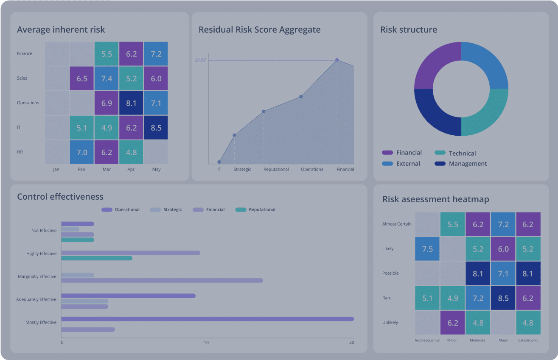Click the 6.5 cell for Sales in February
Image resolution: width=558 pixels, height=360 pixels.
coord(82,78)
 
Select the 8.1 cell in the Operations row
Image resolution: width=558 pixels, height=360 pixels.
coord(131,103)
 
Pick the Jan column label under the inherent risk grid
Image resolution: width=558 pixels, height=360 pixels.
coord(56,169)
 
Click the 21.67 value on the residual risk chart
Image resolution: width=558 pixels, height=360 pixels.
coord(200,60)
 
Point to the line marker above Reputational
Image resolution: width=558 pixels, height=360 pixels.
coord(264,112)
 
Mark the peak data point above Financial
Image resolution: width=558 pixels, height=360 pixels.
coord(337,60)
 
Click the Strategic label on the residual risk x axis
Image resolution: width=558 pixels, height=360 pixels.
coord(242,169)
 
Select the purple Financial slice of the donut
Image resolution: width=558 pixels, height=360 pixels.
coord(433,64)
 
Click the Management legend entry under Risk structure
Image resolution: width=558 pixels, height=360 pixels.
coord(468,164)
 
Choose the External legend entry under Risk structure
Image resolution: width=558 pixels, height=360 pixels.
coord(408,164)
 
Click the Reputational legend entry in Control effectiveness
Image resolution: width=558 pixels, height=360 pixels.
coord(262,209)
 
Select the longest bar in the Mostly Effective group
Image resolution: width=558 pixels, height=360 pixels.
coord(207,319)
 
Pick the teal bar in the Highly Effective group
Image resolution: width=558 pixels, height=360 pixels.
coord(97,258)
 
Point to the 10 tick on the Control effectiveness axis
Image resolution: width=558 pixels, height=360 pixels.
coord(206,343)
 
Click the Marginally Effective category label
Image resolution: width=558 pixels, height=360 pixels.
coord(37,276)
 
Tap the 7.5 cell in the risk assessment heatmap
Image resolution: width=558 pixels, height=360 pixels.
coord(427,249)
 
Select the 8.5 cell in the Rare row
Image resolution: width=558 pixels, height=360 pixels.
coord(503,298)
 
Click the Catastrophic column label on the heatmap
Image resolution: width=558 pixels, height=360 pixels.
coord(528,340)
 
